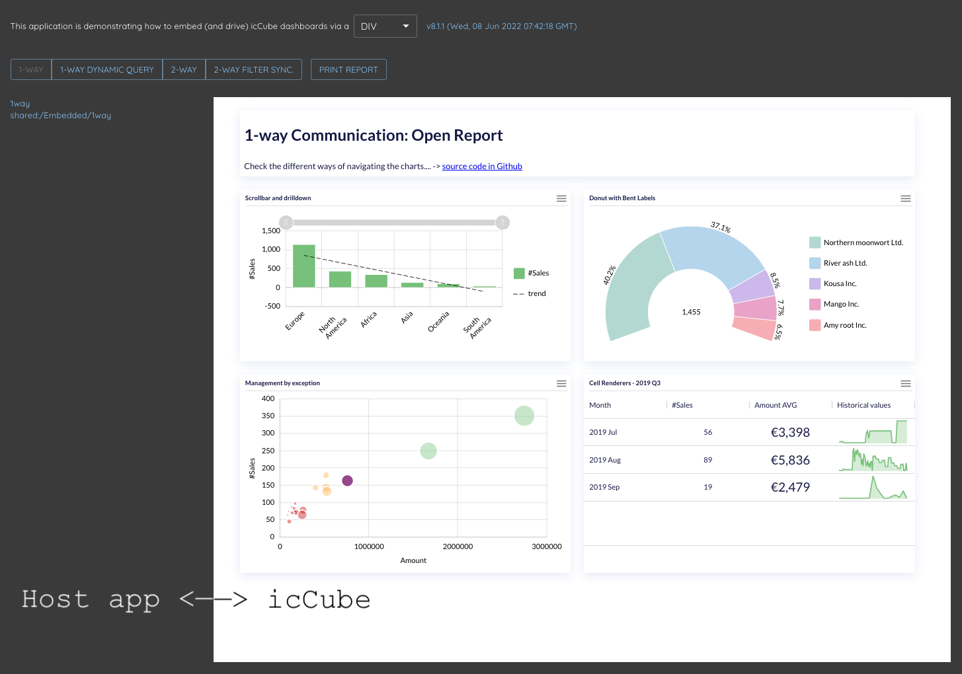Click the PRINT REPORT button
(348, 69)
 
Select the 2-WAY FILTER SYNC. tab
(253, 69)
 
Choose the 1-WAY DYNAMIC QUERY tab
(107, 69)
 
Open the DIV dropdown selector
(385, 26)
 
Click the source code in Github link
(482, 167)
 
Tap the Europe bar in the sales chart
(304, 266)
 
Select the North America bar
(340, 279)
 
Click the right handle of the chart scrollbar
(502, 223)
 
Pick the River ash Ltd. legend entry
(844, 263)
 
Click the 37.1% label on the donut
(721, 227)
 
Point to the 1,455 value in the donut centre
(691, 312)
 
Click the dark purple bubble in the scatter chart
(347, 480)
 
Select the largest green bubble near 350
(524, 416)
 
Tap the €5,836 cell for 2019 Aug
(790, 460)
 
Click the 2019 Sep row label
(604, 487)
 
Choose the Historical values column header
(863, 405)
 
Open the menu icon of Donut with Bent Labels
(905, 198)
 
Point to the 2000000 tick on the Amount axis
(458, 546)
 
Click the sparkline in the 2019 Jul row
(873, 433)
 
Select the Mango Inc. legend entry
(840, 304)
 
